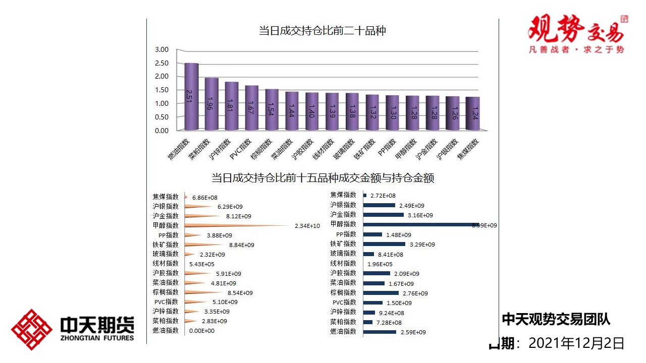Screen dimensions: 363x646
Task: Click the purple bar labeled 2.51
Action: click(191, 96)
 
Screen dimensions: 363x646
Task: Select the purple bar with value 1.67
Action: click(252, 107)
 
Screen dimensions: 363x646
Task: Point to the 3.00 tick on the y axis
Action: click(161, 49)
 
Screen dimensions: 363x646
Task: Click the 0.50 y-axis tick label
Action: click(161, 117)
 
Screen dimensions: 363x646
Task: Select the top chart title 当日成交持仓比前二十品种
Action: click(322, 31)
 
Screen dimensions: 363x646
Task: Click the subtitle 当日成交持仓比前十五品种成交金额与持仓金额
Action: click(322, 178)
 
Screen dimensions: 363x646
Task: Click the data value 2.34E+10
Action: click(307, 226)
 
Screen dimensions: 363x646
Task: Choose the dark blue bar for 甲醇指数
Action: click(419, 224)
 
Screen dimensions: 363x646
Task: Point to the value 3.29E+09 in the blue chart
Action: click(422, 245)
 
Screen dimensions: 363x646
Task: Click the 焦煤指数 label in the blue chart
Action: click(343, 195)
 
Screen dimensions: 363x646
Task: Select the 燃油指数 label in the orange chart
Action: click(166, 331)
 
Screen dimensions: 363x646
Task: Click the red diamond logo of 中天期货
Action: click(32, 330)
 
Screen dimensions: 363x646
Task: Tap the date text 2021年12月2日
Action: click(576, 344)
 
